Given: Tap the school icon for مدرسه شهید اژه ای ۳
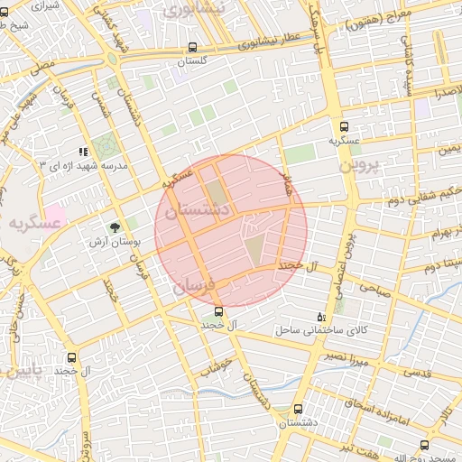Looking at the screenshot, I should click(x=82, y=152).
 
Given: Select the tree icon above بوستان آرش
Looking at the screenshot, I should click(x=114, y=229).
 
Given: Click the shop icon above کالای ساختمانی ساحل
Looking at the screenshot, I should click(x=322, y=316).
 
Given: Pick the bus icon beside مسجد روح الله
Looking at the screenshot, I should click(x=425, y=444).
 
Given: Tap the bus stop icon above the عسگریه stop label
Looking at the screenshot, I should click(x=343, y=127).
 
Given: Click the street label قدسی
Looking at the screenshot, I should click(x=416, y=372).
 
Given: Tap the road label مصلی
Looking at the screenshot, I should click(x=42, y=67).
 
